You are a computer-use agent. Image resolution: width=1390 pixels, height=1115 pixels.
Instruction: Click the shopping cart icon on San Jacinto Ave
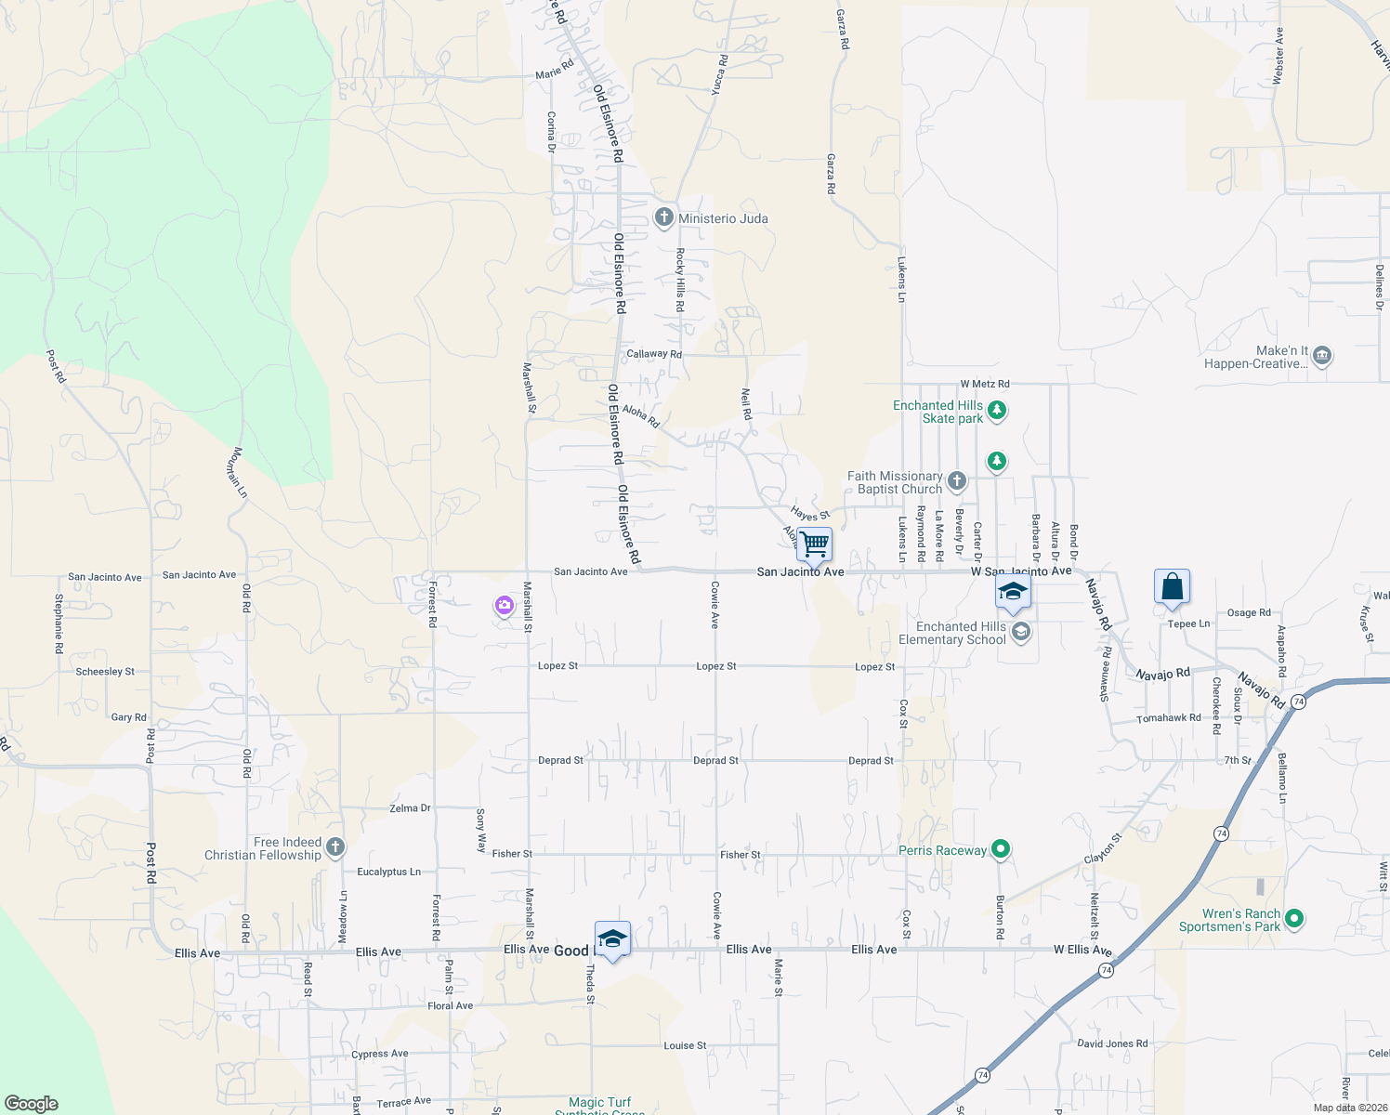tap(814, 544)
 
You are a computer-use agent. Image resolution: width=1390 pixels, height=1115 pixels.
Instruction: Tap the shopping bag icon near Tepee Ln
tap(1172, 586)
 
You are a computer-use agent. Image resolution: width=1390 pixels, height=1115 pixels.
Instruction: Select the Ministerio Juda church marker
tap(663, 218)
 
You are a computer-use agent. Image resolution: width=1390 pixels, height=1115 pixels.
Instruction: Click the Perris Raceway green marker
tap(1001, 848)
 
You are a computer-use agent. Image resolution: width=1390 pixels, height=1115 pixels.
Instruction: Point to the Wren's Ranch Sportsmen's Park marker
tap(1294, 919)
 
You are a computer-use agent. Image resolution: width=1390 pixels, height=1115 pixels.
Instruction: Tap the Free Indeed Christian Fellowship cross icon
tap(336, 847)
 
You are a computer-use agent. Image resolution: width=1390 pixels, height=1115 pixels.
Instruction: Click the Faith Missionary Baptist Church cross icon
tap(957, 481)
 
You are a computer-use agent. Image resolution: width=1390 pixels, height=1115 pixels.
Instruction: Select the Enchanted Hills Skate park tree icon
tap(997, 410)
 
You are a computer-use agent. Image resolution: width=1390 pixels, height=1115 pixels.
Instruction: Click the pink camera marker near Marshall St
tap(505, 606)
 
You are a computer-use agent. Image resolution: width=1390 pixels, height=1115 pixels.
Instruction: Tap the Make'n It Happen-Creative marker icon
tap(1322, 356)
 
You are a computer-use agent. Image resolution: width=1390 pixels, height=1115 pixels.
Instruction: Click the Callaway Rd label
tap(654, 354)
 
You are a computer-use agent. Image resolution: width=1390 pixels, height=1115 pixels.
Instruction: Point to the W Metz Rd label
tap(985, 384)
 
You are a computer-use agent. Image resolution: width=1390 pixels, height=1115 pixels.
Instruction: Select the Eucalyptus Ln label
tap(388, 872)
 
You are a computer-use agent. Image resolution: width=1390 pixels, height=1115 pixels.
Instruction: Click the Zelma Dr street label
tap(410, 808)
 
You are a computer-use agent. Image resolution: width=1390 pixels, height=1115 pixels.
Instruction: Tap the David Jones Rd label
tap(1112, 1043)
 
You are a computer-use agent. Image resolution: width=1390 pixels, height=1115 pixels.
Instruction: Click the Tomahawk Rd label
tap(1169, 718)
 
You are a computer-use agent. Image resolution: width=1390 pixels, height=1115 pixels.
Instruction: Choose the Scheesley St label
tap(105, 672)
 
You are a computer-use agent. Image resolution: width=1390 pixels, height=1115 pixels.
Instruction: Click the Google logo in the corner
tap(32, 1103)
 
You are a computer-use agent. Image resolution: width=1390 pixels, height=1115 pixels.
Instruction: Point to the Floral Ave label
tap(450, 1005)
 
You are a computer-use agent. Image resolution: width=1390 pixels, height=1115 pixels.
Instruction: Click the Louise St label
tap(685, 1045)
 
